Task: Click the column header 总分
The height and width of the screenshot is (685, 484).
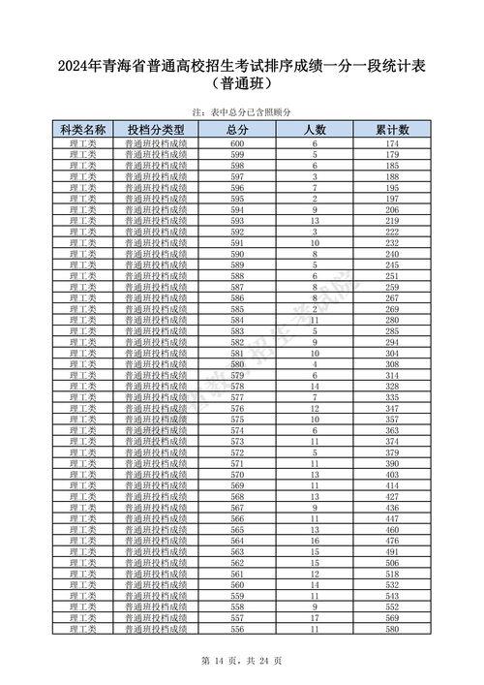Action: click(x=237, y=129)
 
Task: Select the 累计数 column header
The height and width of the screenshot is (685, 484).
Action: click(x=392, y=129)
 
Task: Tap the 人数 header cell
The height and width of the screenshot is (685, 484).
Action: click(x=315, y=129)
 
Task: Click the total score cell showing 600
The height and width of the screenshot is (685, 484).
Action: click(x=237, y=143)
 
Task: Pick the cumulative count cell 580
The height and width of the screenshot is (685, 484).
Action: click(x=392, y=628)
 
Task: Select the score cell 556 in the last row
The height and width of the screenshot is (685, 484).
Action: click(x=237, y=628)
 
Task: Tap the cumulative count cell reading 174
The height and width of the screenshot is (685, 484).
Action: click(x=392, y=143)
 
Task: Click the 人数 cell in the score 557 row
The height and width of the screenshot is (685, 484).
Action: click(x=315, y=617)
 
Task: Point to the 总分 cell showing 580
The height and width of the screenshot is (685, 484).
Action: click(x=237, y=363)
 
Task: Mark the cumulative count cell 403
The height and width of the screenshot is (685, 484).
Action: click(x=392, y=474)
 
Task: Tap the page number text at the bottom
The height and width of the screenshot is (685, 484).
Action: click(x=241, y=661)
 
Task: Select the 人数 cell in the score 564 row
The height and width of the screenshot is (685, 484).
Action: click(x=315, y=540)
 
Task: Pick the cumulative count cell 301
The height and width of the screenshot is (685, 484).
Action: click(x=392, y=353)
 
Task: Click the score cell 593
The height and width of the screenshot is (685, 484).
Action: click(x=237, y=220)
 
